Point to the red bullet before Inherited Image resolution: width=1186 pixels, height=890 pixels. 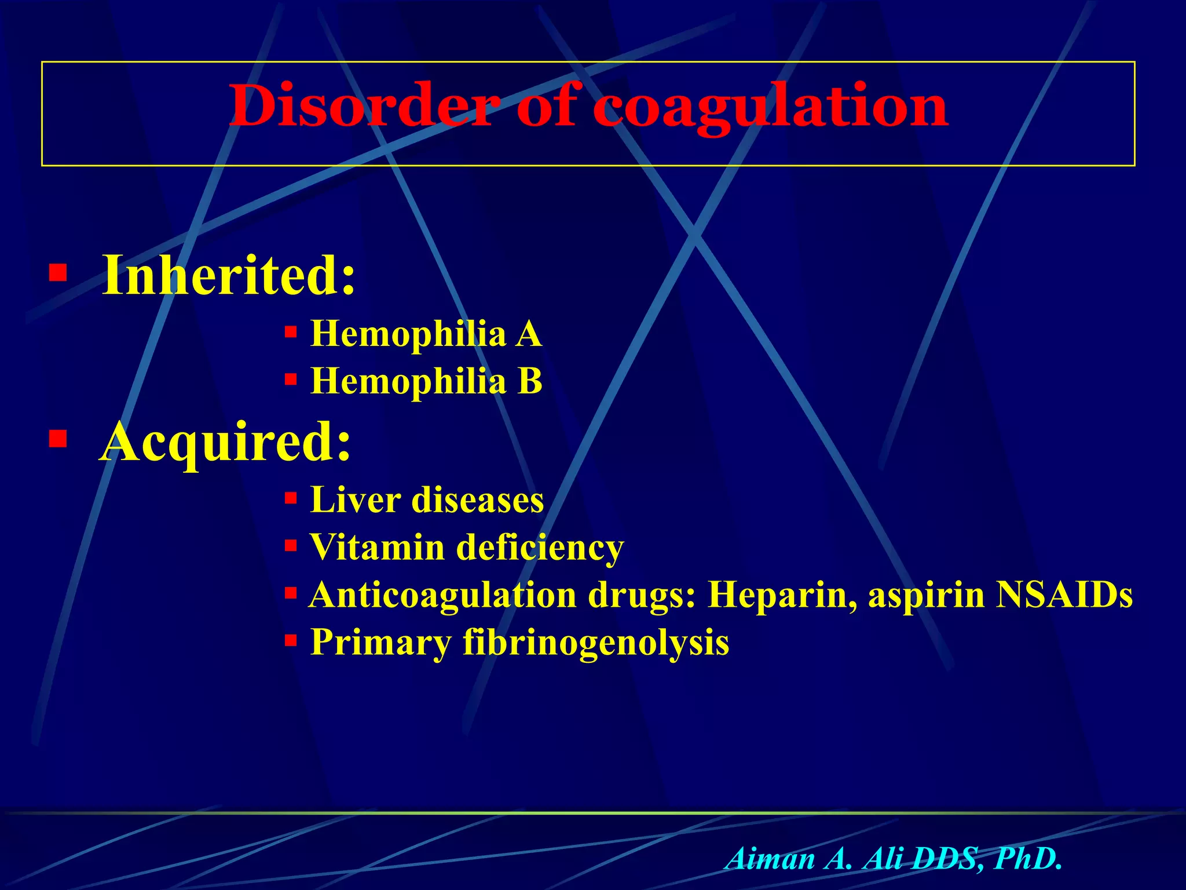58,272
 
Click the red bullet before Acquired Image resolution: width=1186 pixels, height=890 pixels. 58,439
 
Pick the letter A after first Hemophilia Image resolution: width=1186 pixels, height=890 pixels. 528,334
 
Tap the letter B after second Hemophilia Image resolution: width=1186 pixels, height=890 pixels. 529,382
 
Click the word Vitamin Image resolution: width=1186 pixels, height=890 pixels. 377,547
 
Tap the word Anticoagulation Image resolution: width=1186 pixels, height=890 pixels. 442,595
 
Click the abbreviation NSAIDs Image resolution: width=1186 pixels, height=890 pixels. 1064,594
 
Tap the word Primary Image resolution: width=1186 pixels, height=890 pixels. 380,643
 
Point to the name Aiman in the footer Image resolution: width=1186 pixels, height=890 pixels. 770,859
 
